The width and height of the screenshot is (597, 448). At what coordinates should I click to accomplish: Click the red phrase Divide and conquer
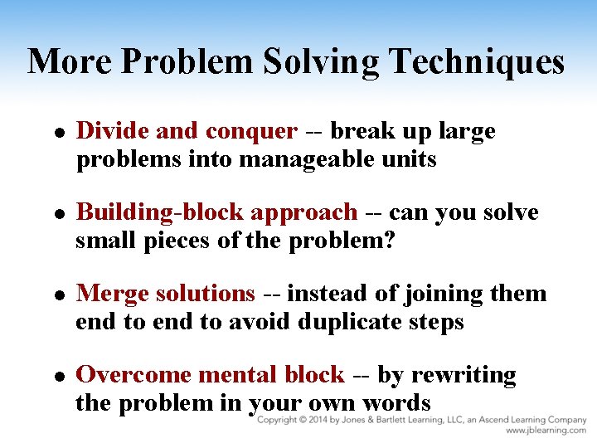[x=186, y=131]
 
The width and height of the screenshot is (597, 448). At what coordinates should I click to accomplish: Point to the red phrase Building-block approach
[x=216, y=212]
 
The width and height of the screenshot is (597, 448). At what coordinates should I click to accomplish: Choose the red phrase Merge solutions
[x=165, y=294]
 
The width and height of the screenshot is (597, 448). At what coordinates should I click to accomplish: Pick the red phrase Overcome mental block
[x=210, y=375]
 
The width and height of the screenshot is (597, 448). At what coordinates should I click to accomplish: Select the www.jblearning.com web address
[x=546, y=431]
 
